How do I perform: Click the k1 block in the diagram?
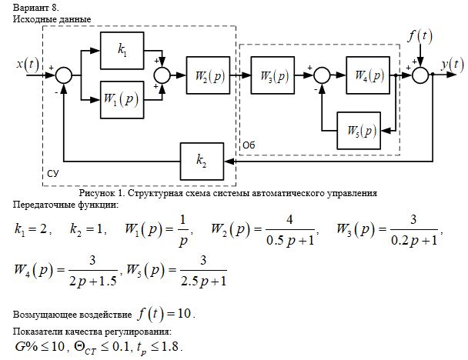122,51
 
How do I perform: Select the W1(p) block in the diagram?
122,99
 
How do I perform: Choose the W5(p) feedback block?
359,130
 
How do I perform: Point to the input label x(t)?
29,64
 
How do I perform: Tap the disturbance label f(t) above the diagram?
420,35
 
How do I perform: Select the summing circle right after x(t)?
64,75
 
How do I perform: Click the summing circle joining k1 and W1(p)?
163,75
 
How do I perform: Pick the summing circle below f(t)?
420,75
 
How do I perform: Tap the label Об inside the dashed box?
249,145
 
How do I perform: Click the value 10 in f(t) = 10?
185,314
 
